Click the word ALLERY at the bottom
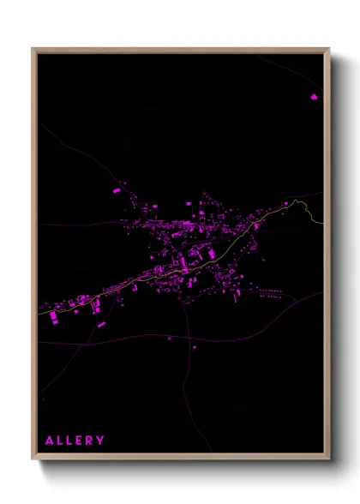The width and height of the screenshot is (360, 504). click(x=75, y=441)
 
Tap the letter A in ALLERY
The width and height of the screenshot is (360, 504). click(x=50, y=441)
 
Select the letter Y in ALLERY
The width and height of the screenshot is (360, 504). click(x=101, y=441)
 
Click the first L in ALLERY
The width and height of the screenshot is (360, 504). click(x=60, y=441)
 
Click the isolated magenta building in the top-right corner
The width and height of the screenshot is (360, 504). click(x=314, y=97)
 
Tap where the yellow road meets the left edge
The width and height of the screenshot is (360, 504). click(x=39, y=313)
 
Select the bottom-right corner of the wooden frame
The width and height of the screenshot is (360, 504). click(x=328, y=459)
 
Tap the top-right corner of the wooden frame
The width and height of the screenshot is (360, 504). click(x=328, y=49)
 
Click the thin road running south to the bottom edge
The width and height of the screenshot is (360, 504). click(x=185, y=403)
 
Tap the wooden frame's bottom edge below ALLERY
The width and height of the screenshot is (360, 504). click(x=75, y=458)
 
